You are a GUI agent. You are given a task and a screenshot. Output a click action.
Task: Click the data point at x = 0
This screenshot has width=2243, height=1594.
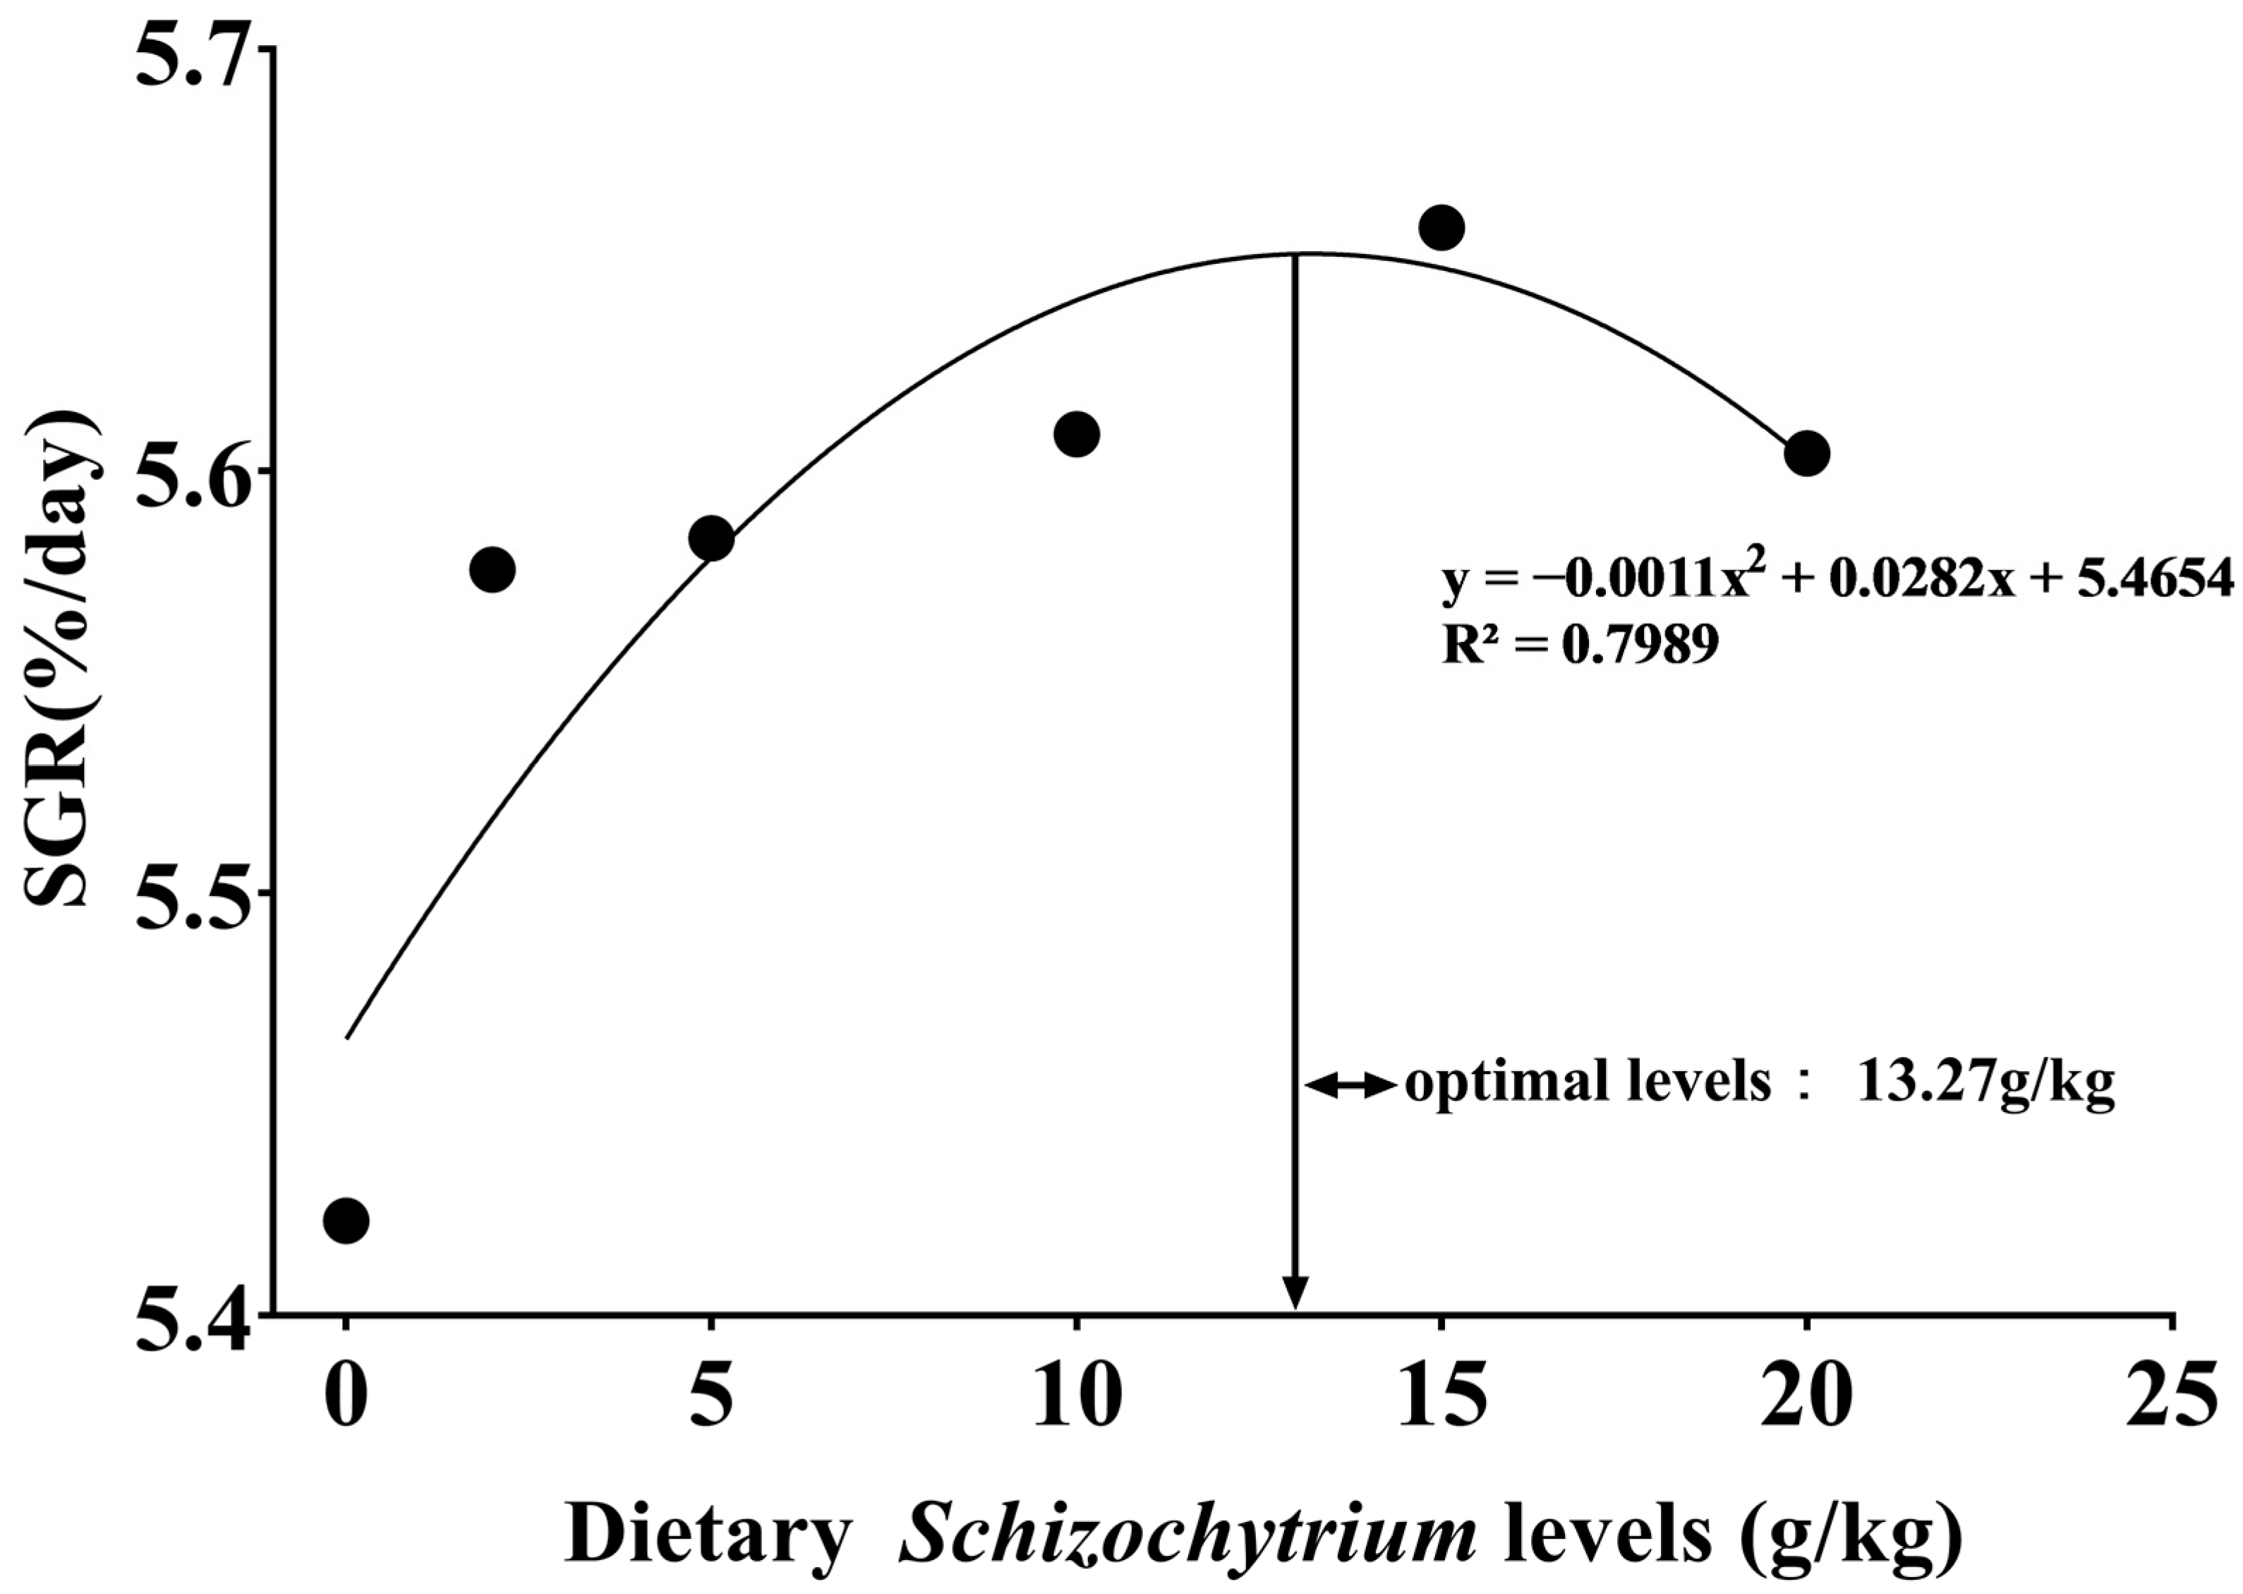pos(346,1220)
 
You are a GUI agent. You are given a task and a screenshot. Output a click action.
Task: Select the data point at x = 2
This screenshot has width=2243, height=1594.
pos(492,569)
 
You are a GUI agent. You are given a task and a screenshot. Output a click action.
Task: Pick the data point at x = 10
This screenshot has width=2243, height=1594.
pos(1077,434)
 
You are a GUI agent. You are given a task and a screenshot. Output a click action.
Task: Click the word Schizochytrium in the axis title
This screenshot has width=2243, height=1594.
pos(1188,1536)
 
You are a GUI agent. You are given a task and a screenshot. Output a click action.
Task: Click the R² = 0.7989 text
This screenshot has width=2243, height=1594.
pos(1580,645)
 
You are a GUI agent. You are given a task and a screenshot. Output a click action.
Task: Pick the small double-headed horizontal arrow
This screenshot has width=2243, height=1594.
pos(1349,1085)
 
